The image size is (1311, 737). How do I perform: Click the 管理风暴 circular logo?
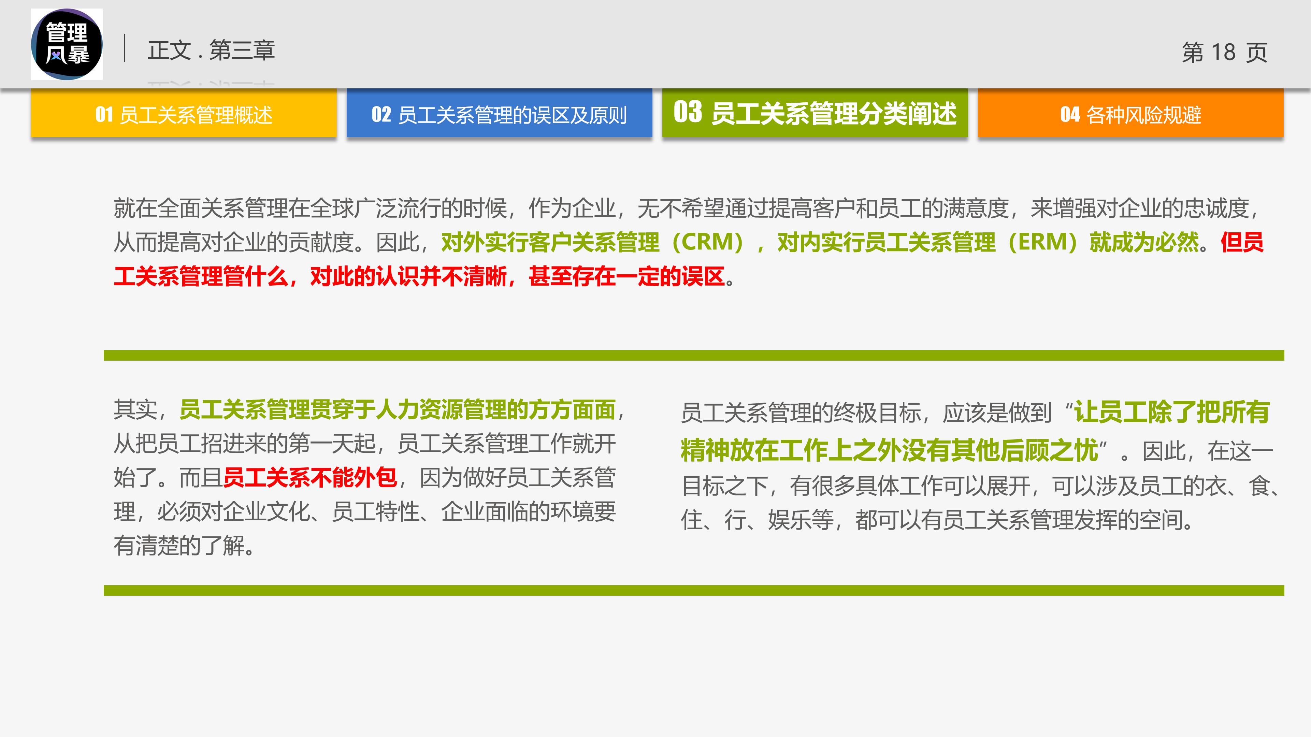pyautogui.click(x=67, y=44)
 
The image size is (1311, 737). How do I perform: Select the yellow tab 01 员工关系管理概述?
pyautogui.click(x=184, y=114)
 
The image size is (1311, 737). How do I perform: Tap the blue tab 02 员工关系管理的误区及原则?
pyautogui.click(x=499, y=114)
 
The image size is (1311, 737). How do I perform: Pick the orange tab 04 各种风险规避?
pyautogui.click(x=1130, y=114)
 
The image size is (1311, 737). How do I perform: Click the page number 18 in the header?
pyautogui.click(x=1223, y=52)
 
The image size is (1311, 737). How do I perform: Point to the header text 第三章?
pyautogui.click(x=242, y=50)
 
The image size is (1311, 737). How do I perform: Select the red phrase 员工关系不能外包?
pyautogui.click(x=309, y=477)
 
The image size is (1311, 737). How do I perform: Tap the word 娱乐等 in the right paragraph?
pyautogui.click(x=801, y=520)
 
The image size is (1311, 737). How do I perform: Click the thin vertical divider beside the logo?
pyautogui.click(x=125, y=48)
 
